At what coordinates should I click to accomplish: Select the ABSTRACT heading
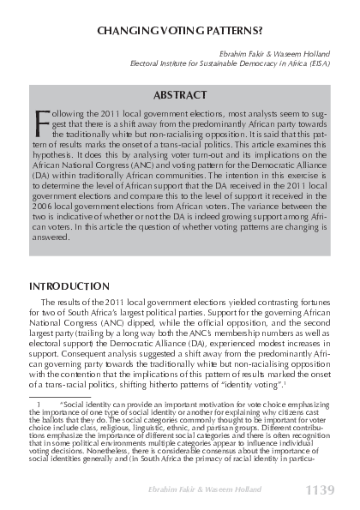click(x=180, y=95)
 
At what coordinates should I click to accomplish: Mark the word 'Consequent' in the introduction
click(x=85, y=351)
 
